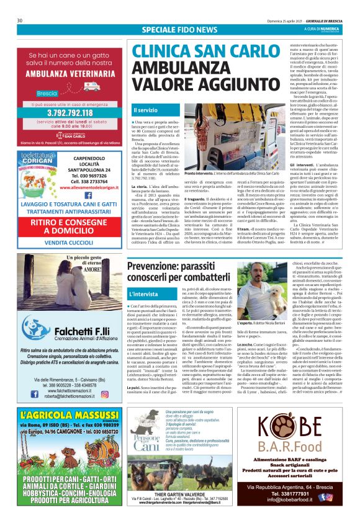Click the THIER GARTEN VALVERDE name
179,493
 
